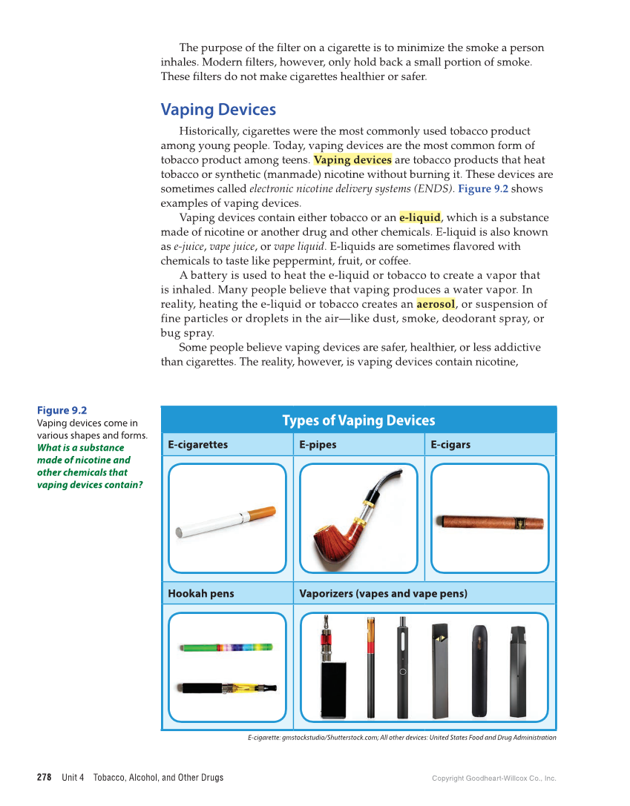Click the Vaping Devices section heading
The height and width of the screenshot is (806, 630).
point(218,110)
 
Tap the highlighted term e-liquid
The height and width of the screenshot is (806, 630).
point(420,217)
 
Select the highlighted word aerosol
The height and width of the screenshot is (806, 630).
point(436,304)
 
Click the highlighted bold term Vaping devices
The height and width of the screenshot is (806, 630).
point(352,159)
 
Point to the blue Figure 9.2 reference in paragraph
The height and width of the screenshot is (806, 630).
point(483,188)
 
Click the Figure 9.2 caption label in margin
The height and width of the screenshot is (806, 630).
point(62,410)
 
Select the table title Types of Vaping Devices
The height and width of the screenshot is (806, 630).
point(358,420)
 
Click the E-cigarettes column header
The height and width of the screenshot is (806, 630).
point(197,445)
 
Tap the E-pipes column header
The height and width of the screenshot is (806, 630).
point(318,445)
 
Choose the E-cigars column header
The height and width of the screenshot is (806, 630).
point(450,445)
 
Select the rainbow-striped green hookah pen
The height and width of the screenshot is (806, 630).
point(226,647)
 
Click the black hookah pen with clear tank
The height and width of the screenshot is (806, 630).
point(226,688)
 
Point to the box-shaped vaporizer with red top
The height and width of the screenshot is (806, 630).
point(333,686)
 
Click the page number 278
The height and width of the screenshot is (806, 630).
point(44,777)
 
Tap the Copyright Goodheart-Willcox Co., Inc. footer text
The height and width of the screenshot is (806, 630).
point(493,778)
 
